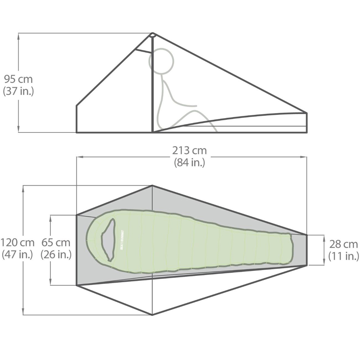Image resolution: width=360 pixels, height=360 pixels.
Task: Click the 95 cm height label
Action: pyautogui.click(x=18, y=80)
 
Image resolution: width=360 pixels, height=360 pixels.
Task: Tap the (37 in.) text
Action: pyautogui.click(x=18, y=91)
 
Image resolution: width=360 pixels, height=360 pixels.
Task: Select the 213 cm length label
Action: pyautogui.click(x=189, y=150)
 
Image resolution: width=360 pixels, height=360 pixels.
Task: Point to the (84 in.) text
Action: pyautogui.click(x=189, y=163)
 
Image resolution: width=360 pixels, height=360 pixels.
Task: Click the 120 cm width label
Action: pyautogui.click(x=18, y=243)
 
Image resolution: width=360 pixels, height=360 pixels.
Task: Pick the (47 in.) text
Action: pyautogui.click(x=18, y=255)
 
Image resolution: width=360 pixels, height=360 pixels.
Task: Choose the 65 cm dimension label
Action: pyautogui.click(x=56, y=243)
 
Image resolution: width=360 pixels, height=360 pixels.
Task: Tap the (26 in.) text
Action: pyautogui.click(x=56, y=255)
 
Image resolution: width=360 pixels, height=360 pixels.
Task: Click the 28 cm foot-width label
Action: pyautogui.click(x=343, y=244)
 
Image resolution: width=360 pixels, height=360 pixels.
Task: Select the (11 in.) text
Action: pyautogui.click(x=343, y=256)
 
